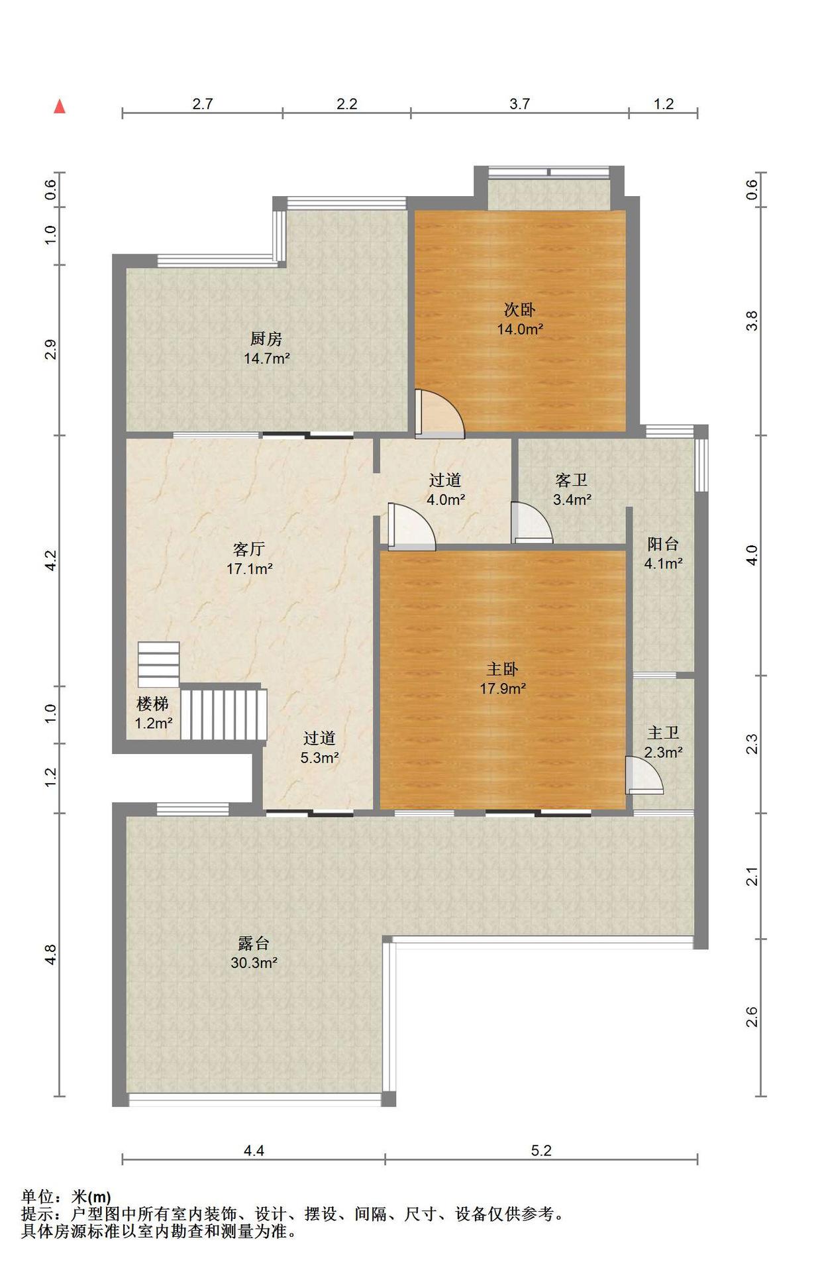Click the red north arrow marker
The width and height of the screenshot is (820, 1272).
pyautogui.click(x=60, y=106)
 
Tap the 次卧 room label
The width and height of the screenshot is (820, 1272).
pyautogui.click(x=520, y=309)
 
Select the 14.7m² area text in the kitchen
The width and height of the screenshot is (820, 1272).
pyautogui.click(x=267, y=358)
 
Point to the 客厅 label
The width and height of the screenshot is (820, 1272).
pyautogui.click(x=249, y=549)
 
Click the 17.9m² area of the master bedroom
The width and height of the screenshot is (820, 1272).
pyautogui.click(x=503, y=688)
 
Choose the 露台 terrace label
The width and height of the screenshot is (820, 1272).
pyautogui.click(x=254, y=943)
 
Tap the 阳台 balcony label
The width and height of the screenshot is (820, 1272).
pyautogui.click(x=663, y=545)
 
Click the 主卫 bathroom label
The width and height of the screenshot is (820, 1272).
pyautogui.click(x=663, y=733)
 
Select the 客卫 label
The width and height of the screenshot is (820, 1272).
pyautogui.click(x=572, y=480)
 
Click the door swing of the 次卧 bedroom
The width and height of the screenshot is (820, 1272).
pyautogui.click(x=440, y=413)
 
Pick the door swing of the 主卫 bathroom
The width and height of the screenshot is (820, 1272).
pyautogui.click(x=644, y=775)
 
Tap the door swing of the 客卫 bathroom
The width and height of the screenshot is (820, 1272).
pyautogui.click(x=532, y=523)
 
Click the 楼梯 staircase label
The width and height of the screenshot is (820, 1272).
pyautogui.click(x=152, y=704)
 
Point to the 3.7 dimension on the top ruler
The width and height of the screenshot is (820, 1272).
pyautogui.click(x=520, y=104)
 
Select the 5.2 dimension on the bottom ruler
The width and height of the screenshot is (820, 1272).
pyautogui.click(x=541, y=1151)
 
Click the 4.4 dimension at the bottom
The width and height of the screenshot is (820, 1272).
pyautogui.click(x=254, y=1151)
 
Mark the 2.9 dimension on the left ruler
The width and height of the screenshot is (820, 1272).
pyautogui.click(x=50, y=350)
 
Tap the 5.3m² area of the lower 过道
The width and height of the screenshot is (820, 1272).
pyautogui.click(x=320, y=758)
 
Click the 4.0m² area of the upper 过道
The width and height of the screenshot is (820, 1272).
pyautogui.click(x=445, y=500)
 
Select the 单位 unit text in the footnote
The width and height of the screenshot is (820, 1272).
pyautogui.click(x=37, y=1197)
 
